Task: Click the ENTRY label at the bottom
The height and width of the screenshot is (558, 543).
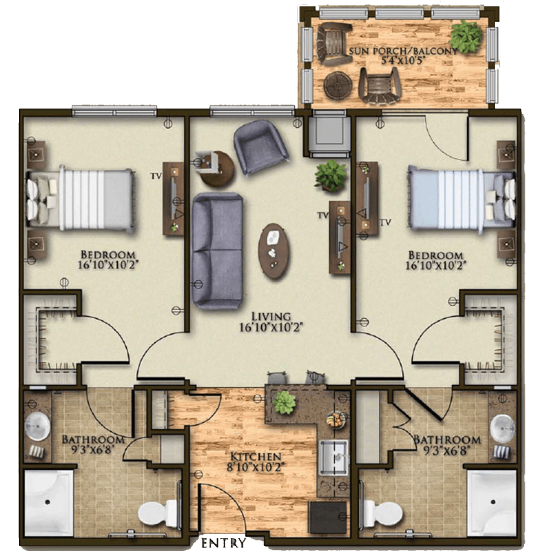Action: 224,543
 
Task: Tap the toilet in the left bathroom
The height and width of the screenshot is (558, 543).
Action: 152,512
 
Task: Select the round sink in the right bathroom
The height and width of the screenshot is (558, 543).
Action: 503,426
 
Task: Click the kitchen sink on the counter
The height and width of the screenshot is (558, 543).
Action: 331,457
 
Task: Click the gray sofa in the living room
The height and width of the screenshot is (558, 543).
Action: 215,251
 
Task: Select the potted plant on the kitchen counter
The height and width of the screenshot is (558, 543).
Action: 285,402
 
